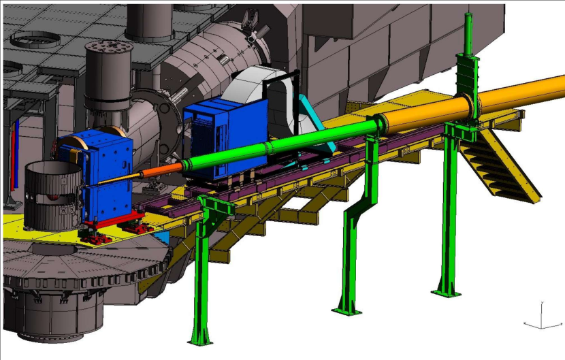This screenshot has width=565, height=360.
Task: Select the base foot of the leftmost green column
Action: pyautogui.click(x=201, y=338)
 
